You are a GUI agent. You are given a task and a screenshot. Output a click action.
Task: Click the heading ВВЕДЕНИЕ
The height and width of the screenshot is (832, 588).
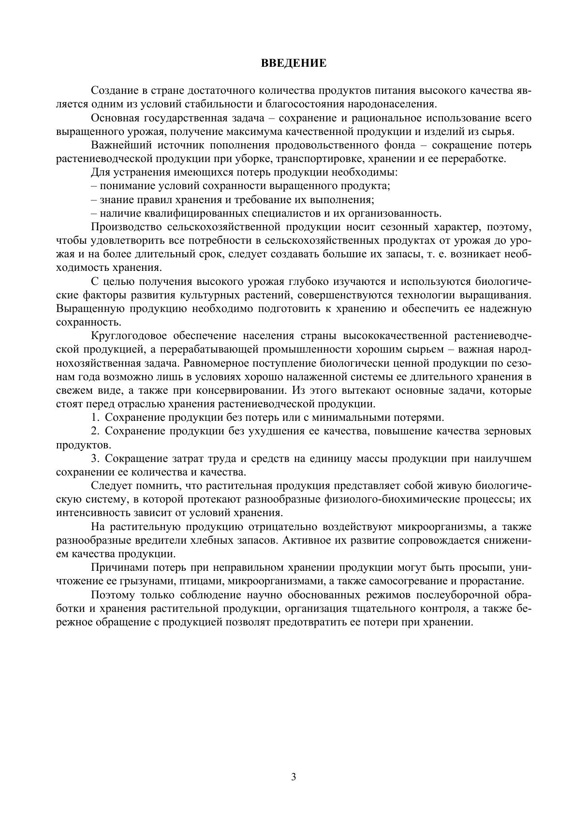coord(294,63)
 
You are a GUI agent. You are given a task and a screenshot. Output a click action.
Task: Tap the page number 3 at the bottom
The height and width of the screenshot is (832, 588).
coord(294,777)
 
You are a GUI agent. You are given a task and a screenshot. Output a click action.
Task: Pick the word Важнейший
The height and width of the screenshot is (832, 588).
coord(115,145)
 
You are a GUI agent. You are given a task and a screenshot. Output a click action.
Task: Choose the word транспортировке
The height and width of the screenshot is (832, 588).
coord(318,159)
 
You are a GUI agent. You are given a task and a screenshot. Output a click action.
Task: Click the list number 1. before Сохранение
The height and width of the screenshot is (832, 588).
coord(95,417)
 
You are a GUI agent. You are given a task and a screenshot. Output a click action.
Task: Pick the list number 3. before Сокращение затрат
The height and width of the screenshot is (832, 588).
coord(95,458)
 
